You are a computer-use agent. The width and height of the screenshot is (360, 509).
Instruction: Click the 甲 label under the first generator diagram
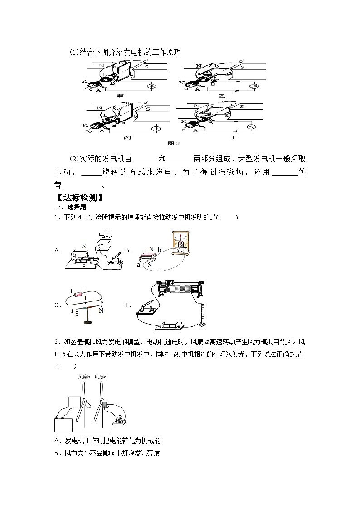click(x=120, y=96)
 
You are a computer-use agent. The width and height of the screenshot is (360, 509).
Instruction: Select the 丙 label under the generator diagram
click(x=120, y=137)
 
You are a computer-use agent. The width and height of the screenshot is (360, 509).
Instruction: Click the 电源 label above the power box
click(x=105, y=234)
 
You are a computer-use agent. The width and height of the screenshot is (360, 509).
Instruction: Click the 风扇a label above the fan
click(x=85, y=377)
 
